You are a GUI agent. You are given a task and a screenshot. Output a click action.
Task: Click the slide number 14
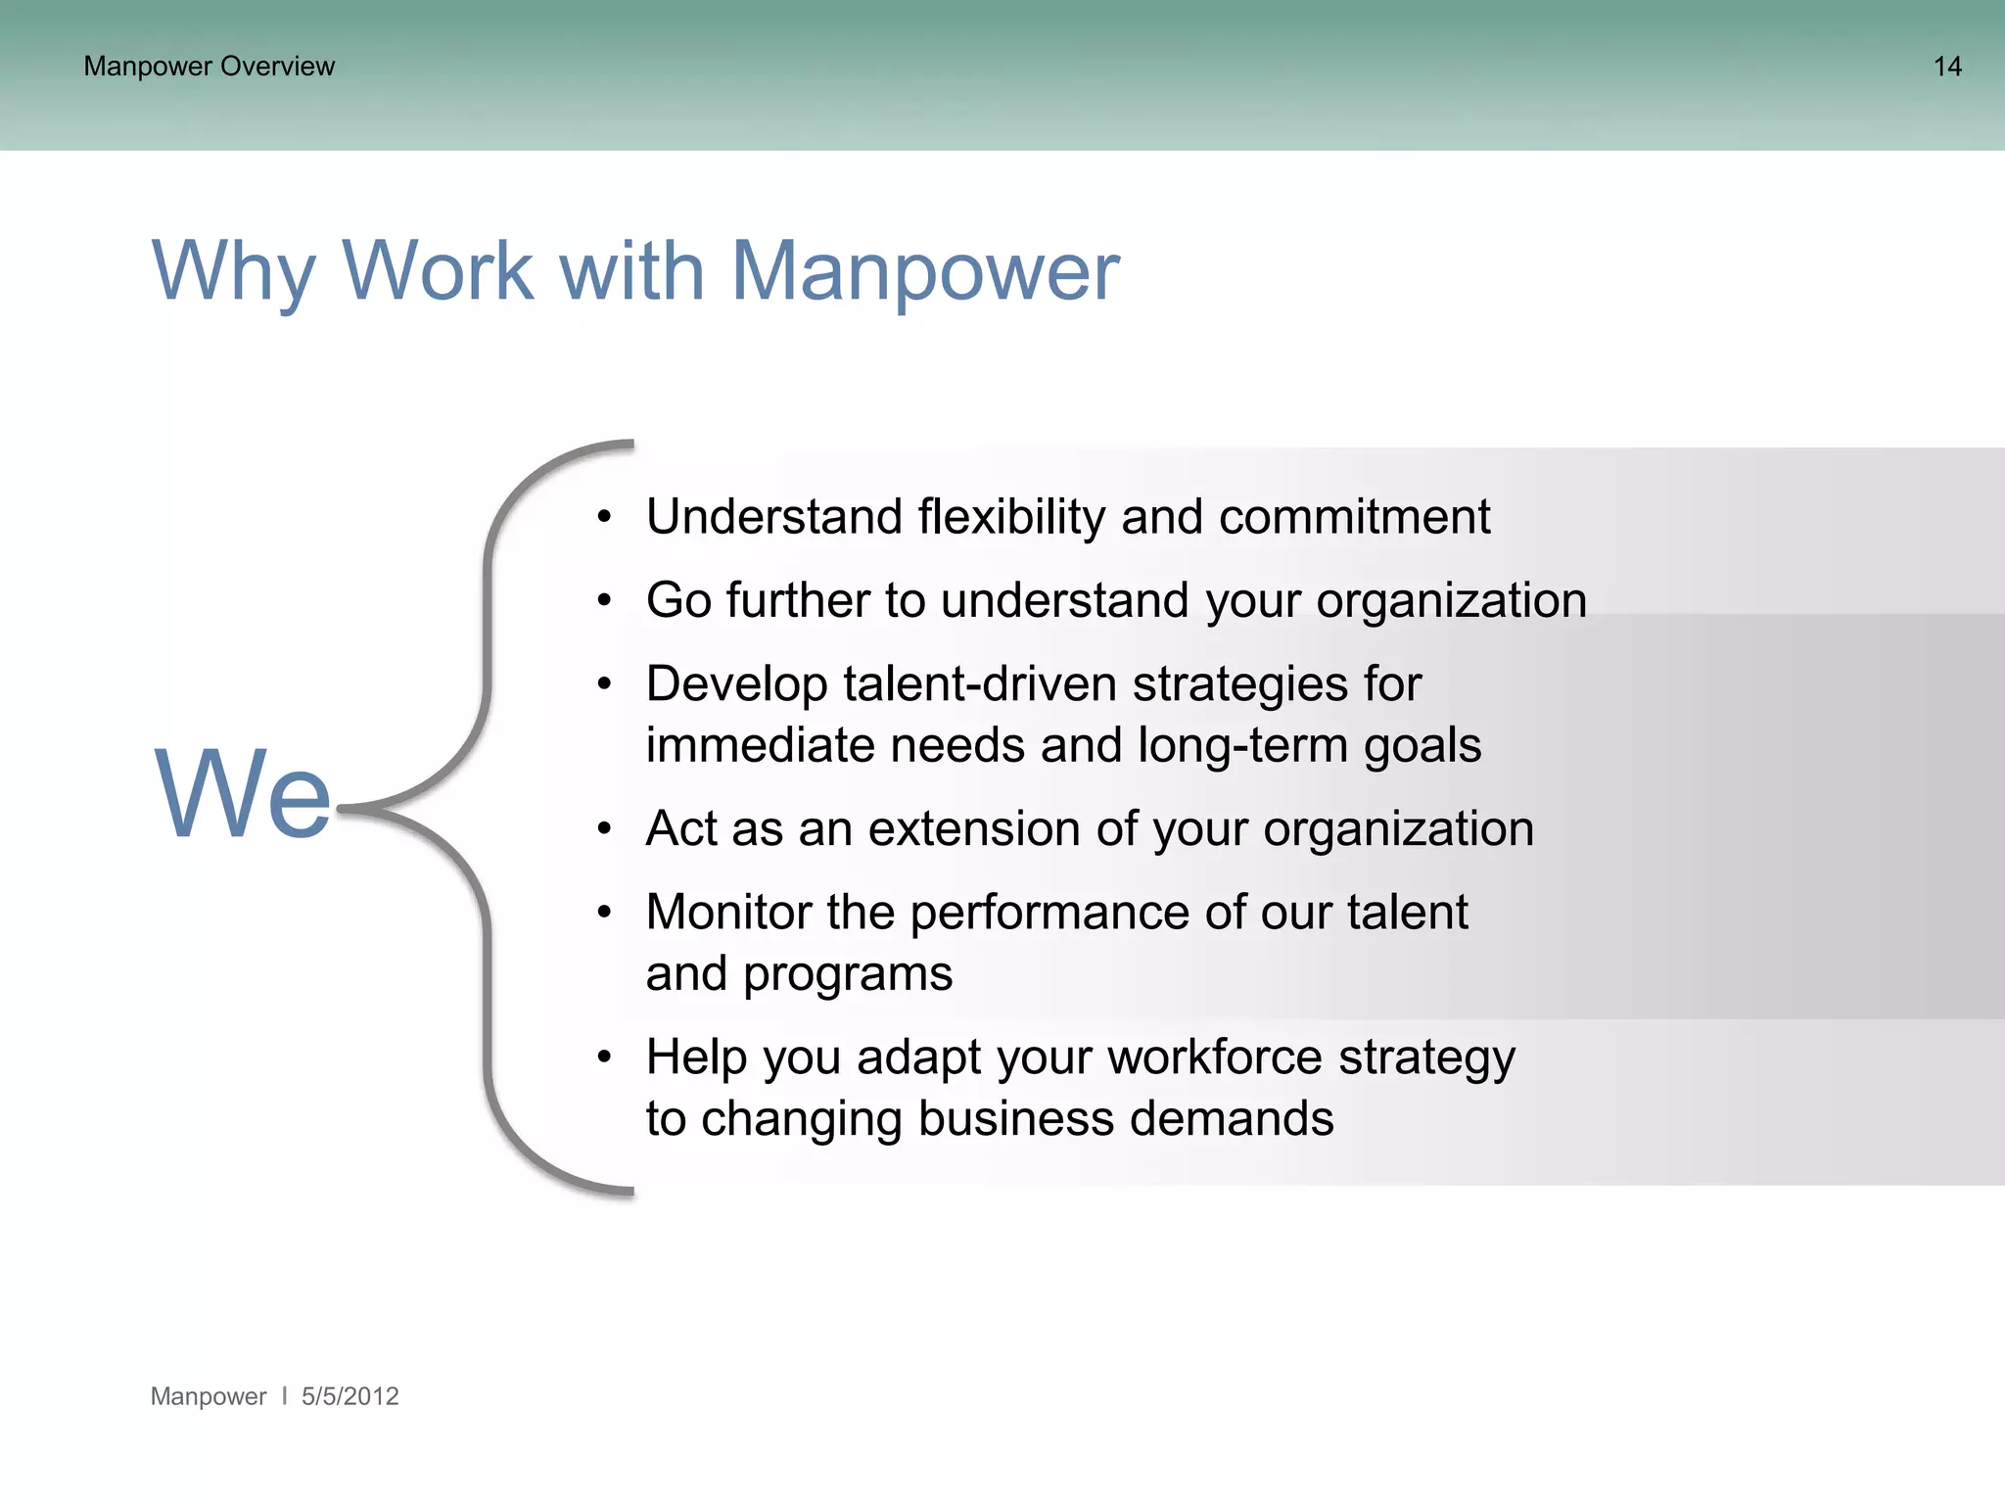pos(1946,67)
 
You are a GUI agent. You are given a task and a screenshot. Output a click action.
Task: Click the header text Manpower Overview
pos(209,67)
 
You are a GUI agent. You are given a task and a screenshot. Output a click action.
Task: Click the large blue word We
pos(243,793)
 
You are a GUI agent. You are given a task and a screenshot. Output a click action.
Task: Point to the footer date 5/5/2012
pos(350,1396)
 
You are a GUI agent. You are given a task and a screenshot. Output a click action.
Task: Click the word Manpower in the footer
pos(208,1396)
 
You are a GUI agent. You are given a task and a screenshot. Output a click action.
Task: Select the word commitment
pos(1354,516)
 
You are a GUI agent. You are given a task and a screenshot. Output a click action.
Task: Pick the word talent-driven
pos(979,683)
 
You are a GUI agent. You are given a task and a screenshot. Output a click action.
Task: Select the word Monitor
pos(728,912)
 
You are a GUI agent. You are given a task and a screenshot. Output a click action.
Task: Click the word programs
pos(847,974)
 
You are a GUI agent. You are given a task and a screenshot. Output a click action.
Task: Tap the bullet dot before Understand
pos(604,516)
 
